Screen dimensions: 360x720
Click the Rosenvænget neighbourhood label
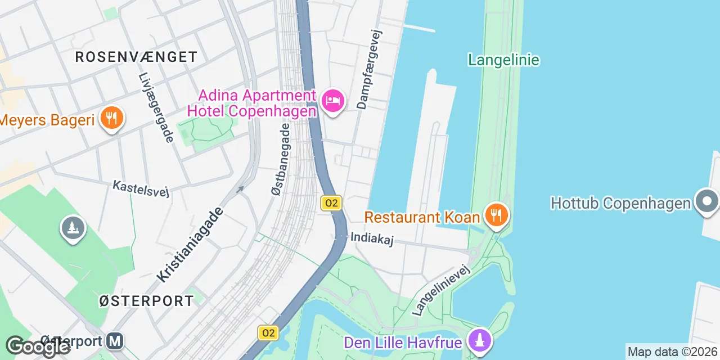coord(136,57)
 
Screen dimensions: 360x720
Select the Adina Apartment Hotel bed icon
coord(333,102)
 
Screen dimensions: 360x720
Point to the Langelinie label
coord(503,60)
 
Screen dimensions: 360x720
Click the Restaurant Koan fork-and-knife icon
coord(496,215)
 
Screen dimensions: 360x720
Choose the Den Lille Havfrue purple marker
coord(479,341)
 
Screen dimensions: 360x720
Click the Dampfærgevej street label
coord(370,70)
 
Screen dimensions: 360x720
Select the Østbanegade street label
coord(281,160)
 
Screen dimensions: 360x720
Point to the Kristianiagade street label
coord(190,245)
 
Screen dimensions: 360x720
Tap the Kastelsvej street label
coord(141,188)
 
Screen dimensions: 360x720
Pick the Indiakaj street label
coord(371,238)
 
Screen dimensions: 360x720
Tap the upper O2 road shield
coord(331,203)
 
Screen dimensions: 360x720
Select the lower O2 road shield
coord(268,332)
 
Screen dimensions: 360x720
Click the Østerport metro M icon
coord(115,341)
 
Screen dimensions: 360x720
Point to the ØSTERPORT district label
coord(146,301)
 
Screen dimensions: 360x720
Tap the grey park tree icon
coord(73,229)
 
